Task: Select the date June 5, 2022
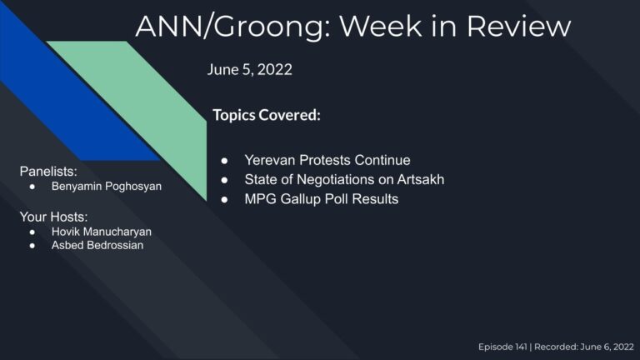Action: pos(249,70)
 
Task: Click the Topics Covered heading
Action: pos(267,115)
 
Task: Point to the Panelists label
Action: pos(48,171)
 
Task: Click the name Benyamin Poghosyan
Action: pos(107,187)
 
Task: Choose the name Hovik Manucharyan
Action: pos(102,231)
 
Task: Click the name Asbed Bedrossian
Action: pos(97,245)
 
